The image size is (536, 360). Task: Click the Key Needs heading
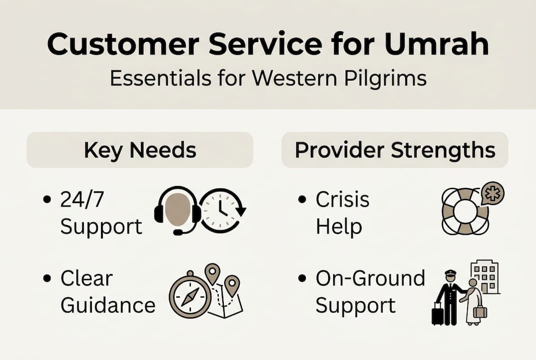140,150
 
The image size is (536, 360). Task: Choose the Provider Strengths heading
395,150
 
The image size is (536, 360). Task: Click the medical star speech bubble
493,194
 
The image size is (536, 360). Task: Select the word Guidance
108,305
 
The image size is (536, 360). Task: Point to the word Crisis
342,199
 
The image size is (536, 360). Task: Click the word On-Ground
370,278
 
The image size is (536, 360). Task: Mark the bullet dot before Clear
47,278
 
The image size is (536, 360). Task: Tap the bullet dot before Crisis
302,199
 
